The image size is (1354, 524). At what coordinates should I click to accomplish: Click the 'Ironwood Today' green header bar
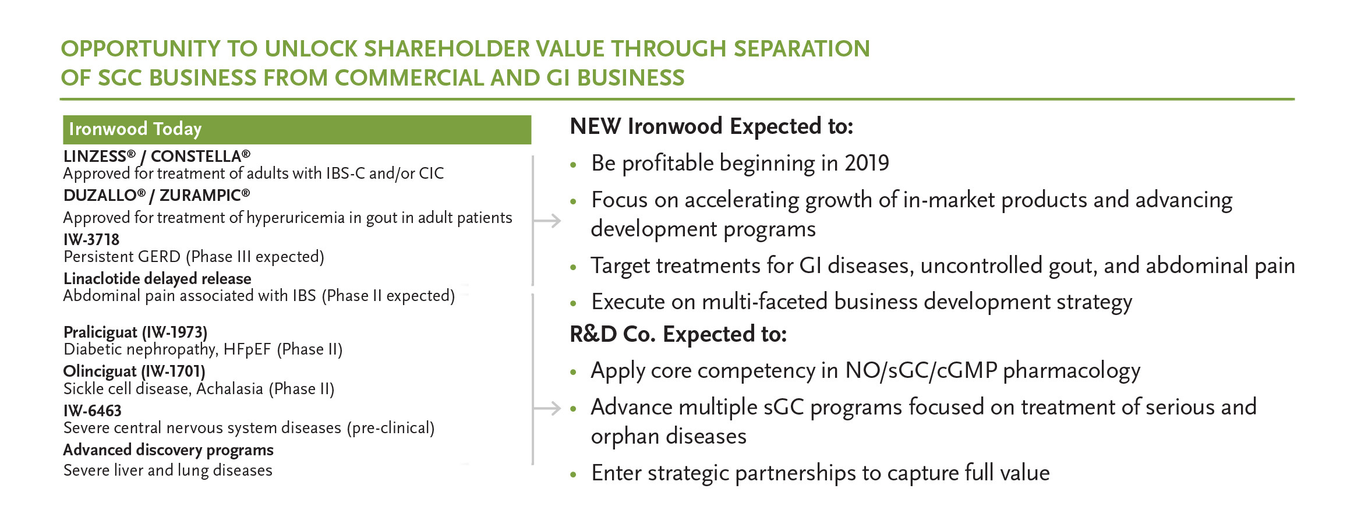click(297, 129)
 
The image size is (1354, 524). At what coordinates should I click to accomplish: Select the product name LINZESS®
click(100, 156)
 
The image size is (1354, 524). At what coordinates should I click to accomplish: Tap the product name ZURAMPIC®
click(204, 195)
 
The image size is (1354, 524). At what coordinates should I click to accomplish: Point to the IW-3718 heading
click(91, 239)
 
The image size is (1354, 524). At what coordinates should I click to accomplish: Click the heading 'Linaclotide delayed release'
click(157, 278)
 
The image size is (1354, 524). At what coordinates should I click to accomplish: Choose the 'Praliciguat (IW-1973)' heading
click(135, 332)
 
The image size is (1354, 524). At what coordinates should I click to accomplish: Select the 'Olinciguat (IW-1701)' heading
click(134, 371)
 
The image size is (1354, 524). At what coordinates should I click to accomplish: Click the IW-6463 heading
click(93, 410)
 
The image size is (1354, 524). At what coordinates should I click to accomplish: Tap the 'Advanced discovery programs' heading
click(168, 450)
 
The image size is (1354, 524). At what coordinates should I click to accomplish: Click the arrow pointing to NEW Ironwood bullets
click(547, 221)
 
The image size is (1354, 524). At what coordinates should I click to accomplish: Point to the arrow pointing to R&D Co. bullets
click(547, 409)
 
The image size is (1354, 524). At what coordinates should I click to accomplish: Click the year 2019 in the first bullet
click(867, 163)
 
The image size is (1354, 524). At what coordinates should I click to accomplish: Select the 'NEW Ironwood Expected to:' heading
click(712, 126)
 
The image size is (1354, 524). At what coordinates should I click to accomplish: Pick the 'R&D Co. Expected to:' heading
click(678, 334)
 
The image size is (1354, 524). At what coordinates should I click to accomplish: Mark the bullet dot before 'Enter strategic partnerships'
click(574, 475)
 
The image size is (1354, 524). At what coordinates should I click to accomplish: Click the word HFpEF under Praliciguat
click(248, 349)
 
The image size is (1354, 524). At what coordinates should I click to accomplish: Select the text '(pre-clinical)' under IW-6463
click(391, 428)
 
